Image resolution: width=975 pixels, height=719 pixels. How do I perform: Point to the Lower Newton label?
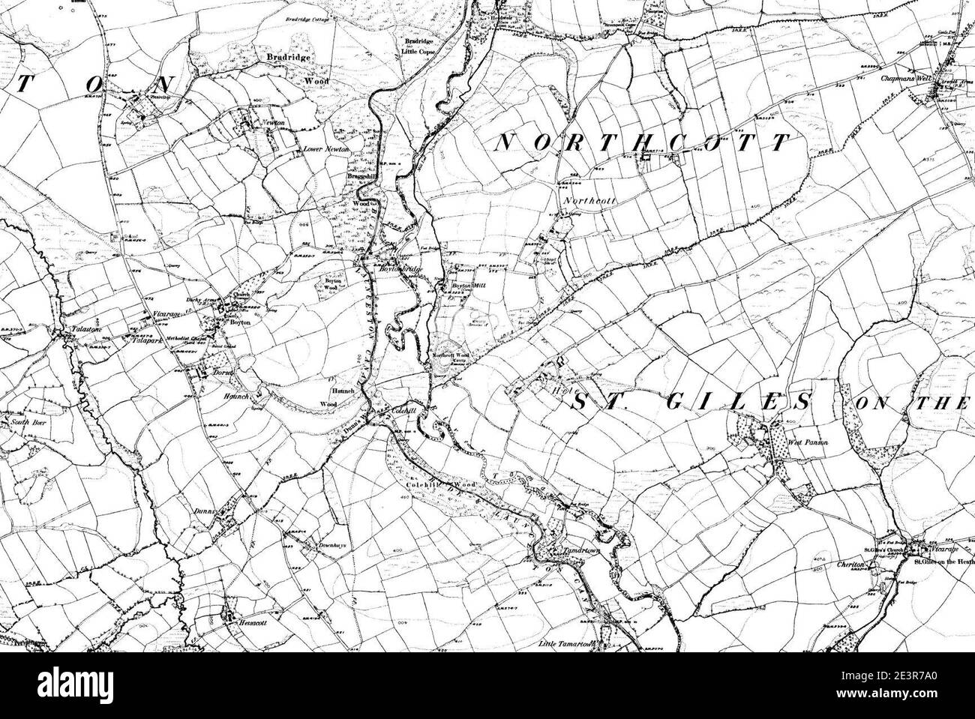tap(322, 149)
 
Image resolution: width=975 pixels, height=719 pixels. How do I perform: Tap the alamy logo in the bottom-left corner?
tap(56, 687)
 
